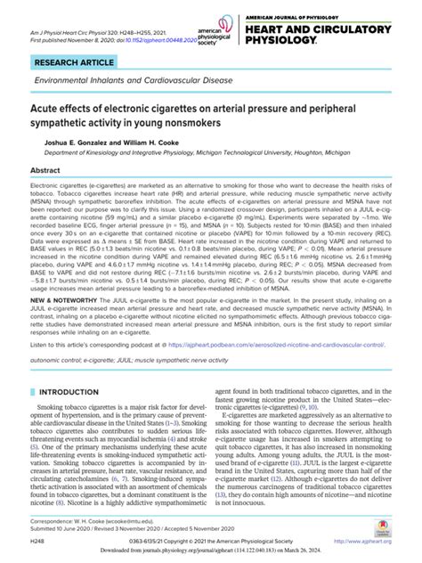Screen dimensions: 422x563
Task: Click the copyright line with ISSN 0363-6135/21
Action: [x=206, y=540]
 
